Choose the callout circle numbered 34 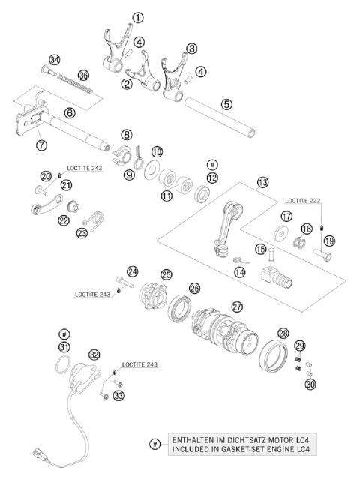pos(54,60)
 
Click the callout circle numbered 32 pos(94,355)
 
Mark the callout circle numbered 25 pos(166,275)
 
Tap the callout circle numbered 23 pos(82,233)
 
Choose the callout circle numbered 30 pos(310,385)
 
